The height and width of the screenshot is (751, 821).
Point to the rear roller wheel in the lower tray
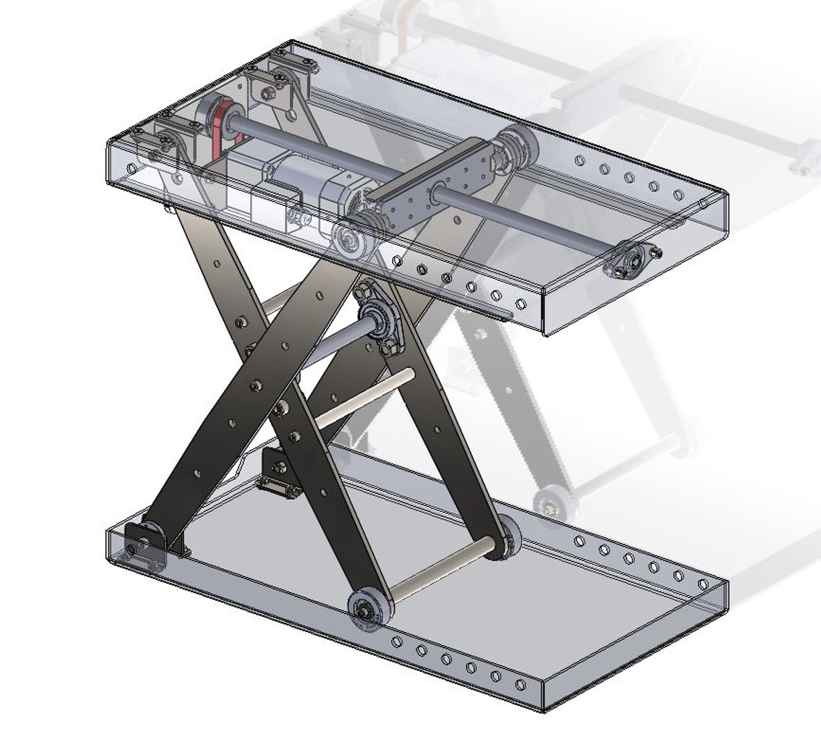510,537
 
